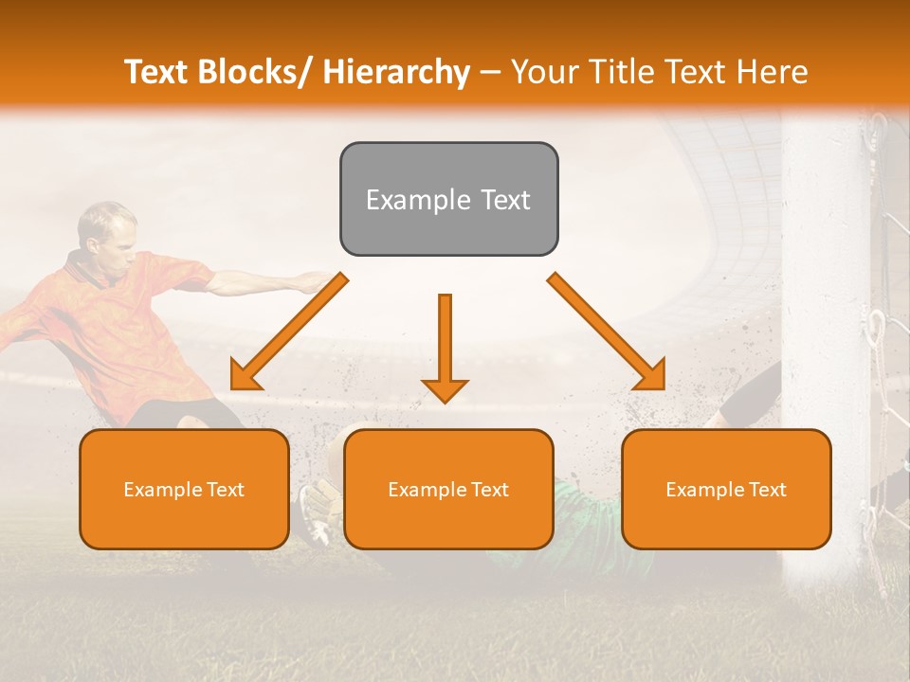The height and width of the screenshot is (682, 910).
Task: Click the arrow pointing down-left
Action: tap(288, 332)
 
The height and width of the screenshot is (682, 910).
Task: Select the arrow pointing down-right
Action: tap(607, 332)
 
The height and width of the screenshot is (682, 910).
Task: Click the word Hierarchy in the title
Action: tap(396, 72)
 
